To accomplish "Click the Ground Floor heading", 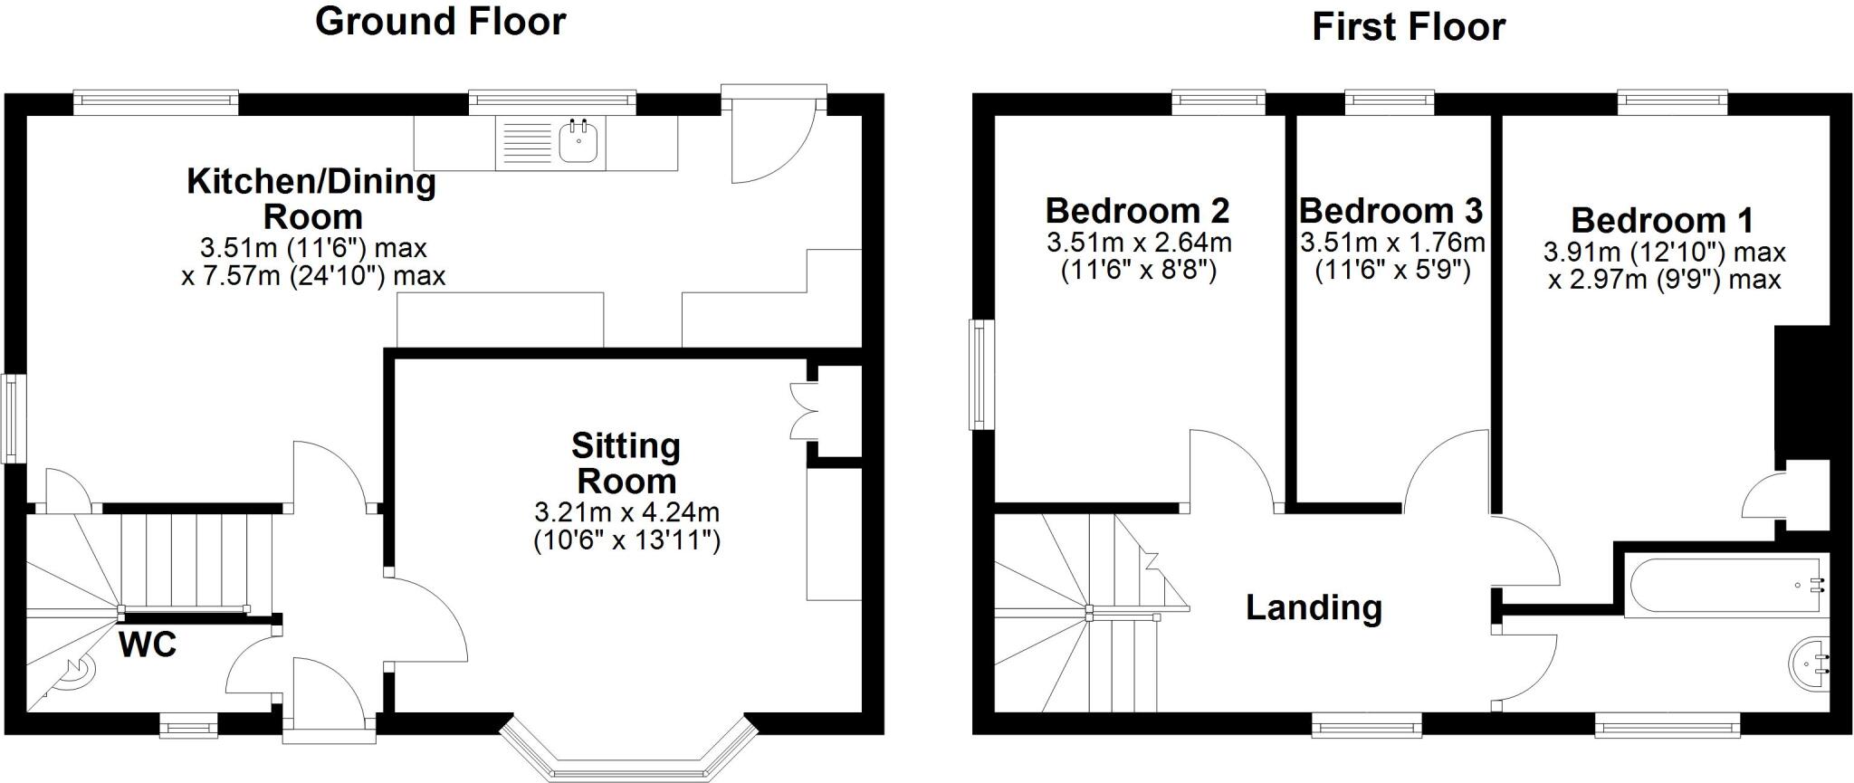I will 440,22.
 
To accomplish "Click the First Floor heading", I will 1409,27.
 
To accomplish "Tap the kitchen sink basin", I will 578,142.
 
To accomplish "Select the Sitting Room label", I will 626,463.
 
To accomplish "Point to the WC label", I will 148,645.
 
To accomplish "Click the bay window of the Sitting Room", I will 626,756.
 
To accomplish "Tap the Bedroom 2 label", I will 1137,211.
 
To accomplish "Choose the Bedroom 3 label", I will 1390,211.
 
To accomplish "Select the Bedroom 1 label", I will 1662,221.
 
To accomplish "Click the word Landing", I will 1314,607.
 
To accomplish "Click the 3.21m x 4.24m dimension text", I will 626,512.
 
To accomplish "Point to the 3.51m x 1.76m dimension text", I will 1392,243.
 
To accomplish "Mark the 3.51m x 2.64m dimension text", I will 1139,243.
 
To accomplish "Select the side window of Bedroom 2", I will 979,374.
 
